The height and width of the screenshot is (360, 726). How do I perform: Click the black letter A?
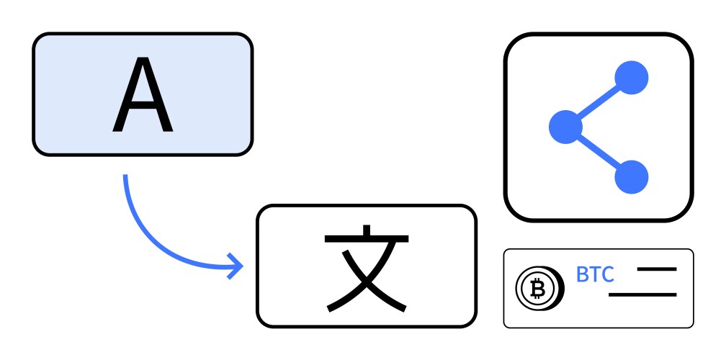click(x=143, y=94)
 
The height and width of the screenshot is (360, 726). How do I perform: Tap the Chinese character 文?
click(x=367, y=269)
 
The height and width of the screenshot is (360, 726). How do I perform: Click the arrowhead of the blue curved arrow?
click(x=236, y=266)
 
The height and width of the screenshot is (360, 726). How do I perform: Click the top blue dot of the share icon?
click(x=632, y=78)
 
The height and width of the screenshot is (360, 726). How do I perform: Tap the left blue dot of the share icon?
click(x=566, y=127)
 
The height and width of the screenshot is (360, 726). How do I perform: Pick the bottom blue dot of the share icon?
click(x=632, y=177)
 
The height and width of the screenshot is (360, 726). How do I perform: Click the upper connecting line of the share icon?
click(x=599, y=102)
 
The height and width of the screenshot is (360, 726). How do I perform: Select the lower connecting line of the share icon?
click(x=599, y=152)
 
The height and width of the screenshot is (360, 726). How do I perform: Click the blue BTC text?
click(x=595, y=274)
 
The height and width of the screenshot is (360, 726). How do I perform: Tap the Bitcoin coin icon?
click(x=540, y=288)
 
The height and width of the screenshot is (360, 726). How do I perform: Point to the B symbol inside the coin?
click(x=537, y=289)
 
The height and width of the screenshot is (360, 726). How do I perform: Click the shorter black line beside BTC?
click(x=657, y=269)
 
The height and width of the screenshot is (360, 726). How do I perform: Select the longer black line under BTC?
click(x=642, y=294)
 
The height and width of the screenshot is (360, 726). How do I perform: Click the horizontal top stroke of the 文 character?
click(x=367, y=239)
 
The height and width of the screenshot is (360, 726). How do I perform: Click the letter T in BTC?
click(x=595, y=274)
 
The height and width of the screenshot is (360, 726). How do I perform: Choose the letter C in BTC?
click(x=608, y=274)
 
